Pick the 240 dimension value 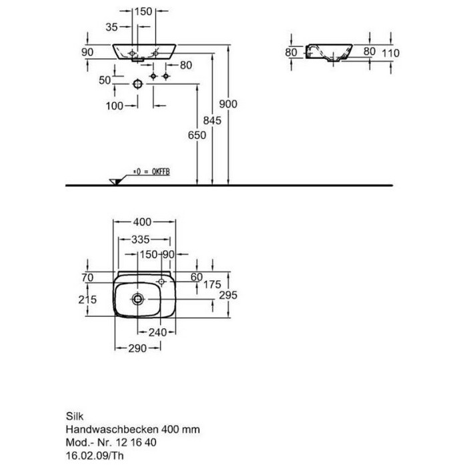pyautogui.click(x=157, y=332)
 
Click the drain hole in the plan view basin pyautogui.click(x=137, y=298)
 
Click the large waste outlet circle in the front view pyautogui.click(x=137, y=84)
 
